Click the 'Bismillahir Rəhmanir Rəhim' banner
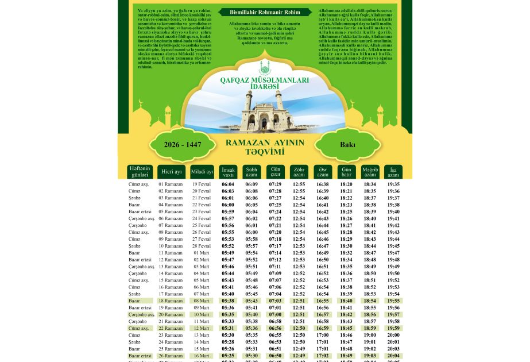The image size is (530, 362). [x=265, y=12]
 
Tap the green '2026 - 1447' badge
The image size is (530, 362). [x=183, y=144]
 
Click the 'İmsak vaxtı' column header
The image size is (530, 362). [x=228, y=172]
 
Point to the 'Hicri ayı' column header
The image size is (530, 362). [x=171, y=172]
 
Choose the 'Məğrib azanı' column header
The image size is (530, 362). [x=370, y=172]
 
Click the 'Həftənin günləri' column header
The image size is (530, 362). [x=140, y=171]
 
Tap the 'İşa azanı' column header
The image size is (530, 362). [x=393, y=172]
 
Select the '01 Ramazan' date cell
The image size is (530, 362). [x=171, y=184]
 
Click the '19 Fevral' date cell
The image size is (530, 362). [x=202, y=184]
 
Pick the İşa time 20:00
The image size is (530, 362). [x=393, y=335]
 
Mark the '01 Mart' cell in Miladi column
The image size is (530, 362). [x=202, y=253]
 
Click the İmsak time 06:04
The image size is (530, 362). [x=228, y=184]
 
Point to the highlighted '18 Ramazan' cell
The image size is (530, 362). [x=171, y=301]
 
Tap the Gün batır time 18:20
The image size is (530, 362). [x=346, y=184]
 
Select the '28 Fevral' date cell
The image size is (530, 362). [x=202, y=246]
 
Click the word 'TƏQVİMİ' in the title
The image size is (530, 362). [x=265, y=152]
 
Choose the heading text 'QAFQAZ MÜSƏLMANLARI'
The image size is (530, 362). [x=265, y=79]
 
